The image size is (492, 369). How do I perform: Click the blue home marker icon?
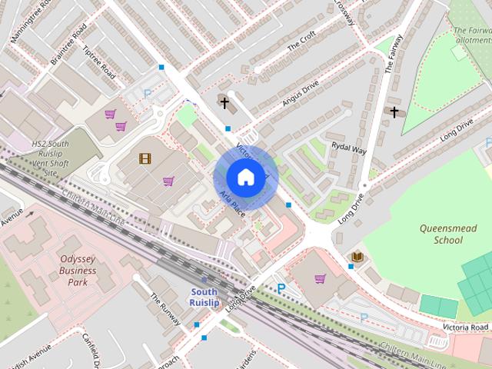(245, 178)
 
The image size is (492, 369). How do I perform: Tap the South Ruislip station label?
(204, 297)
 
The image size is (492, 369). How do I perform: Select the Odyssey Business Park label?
(78, 271)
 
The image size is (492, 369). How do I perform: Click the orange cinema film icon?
(145, 158)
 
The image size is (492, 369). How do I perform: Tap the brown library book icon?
(357, 256)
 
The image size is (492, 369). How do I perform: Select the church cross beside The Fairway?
(394, 112)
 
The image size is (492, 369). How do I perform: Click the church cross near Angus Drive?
(224, 102)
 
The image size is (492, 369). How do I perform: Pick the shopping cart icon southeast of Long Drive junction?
(320, 278)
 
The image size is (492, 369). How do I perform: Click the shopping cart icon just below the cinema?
(168, 181)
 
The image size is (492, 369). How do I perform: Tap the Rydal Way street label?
(348, 146)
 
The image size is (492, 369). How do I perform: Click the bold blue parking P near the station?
(281, 288)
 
